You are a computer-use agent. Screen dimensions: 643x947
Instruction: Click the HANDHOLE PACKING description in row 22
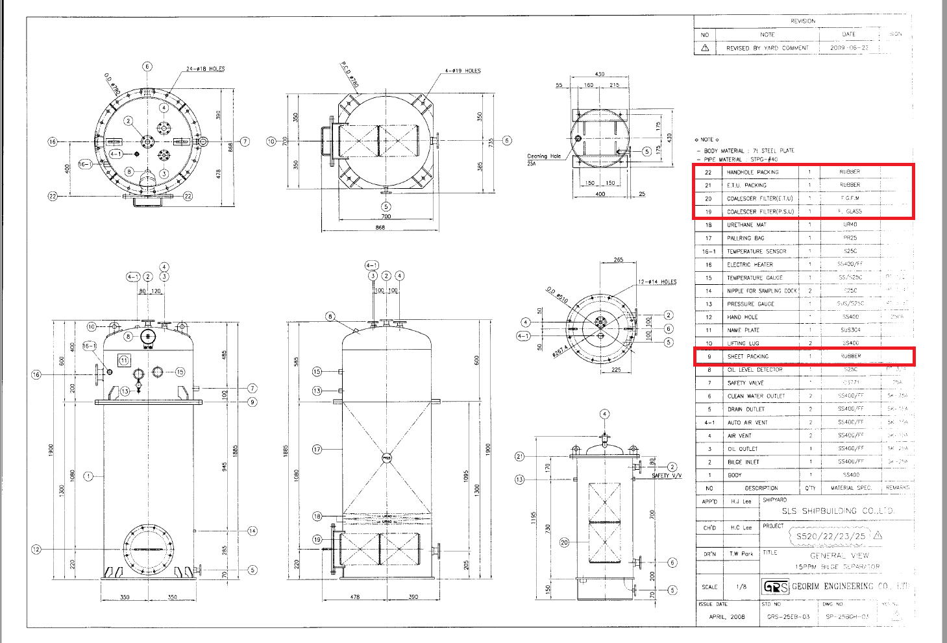click(x=752, y=173)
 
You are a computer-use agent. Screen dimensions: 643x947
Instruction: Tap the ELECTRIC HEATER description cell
click(x=750, y=265)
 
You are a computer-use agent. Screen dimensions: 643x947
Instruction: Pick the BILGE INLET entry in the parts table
click(x=743, y=462)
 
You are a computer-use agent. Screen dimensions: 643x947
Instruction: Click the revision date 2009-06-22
click(x=848, y=48)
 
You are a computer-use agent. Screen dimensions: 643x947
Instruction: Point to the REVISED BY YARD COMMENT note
click(x=767, y=48)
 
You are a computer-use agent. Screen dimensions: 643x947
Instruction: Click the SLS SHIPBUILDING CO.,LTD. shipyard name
click(x=837, y=511)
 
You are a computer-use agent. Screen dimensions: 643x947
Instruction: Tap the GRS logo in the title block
click(x=776, y=587)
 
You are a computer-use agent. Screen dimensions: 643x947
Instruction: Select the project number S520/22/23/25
click(x=831, y=537)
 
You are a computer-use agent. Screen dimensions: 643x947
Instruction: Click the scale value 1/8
click(x=741, y=587)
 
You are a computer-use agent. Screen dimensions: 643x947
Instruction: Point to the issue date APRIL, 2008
click(x=727, y=617)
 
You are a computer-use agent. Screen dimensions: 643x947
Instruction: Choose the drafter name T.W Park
click(x=741, y=554)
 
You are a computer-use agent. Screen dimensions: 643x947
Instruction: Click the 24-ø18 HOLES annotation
click(x=205, y=69)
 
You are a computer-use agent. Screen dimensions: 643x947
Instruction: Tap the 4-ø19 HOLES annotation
click(x=463, y=71)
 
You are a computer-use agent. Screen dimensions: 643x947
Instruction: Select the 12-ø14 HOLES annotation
click(x=657, y=282)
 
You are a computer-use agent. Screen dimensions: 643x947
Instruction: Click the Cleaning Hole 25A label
click(x=544, y=160)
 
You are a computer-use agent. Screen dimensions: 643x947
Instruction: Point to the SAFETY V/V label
click(x=667, y=476)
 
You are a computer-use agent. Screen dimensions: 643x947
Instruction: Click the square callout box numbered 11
click(x=124, y=360)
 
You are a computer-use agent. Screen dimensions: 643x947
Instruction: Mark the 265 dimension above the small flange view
click(x=618, y=260)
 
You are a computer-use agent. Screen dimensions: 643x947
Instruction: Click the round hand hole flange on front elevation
click(x=149, y=549)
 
